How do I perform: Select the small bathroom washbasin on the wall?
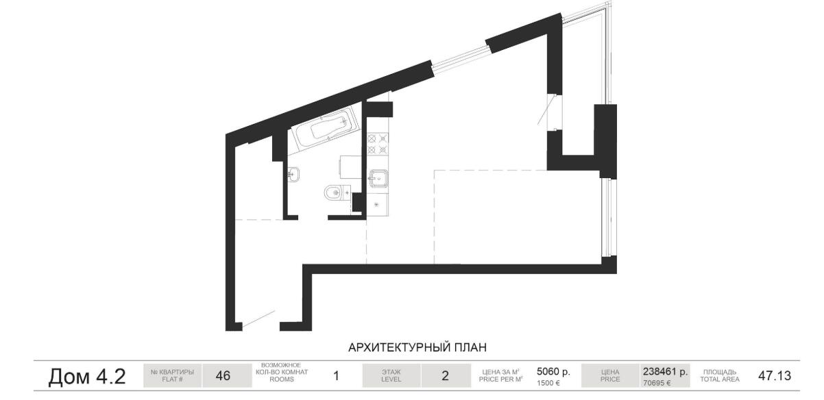[293, 174]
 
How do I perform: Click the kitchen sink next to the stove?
[378, 178]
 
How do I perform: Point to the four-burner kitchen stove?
[378, 144]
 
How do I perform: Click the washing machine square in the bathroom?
[350, 167]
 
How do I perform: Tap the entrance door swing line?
[258, 318]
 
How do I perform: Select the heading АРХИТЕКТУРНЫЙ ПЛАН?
[417, 347]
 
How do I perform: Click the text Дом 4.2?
[87, 376]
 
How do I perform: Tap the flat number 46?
[223, 376]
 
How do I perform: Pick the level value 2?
[445, 376]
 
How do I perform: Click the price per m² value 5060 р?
[553, 371]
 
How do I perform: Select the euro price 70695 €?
[657, 383]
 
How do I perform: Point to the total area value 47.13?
[775, 376]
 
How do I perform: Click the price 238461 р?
[665, 371]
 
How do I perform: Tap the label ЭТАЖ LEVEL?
[391, 376]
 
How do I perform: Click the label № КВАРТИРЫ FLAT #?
[172, 376]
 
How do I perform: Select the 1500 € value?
[548, 383]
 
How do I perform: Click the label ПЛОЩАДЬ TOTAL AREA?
[720, 376]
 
